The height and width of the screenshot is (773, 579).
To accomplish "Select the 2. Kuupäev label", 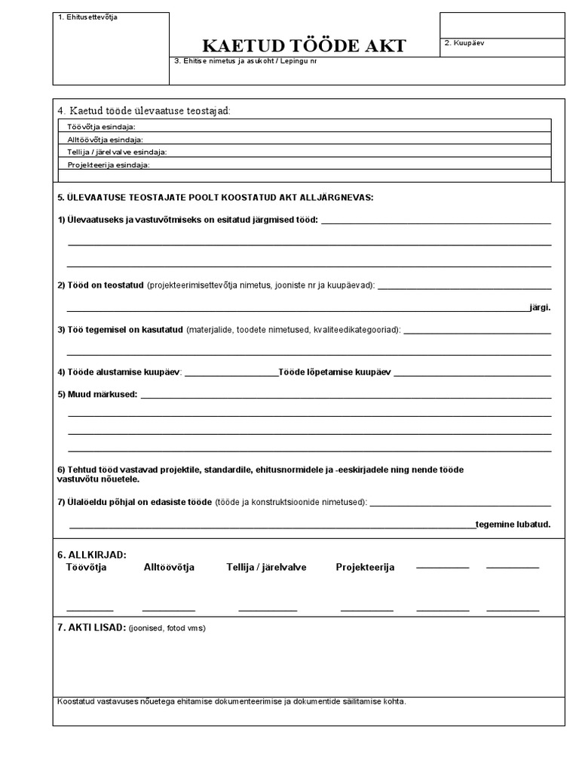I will (464, 43).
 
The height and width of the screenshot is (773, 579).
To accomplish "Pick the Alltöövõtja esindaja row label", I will (105, 140).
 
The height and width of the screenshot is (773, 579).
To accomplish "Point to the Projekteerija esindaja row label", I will (109, 165).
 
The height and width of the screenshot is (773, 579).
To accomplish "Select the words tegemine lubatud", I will (513, 524).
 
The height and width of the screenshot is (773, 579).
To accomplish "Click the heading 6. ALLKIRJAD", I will (92, 555).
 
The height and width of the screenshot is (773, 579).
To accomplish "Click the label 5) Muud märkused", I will (97, 394).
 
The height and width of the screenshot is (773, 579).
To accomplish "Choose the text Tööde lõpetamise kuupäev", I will (335, 372).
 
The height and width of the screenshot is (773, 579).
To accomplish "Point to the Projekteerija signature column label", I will (365, 567).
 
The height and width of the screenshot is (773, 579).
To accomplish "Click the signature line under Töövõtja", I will (90, 609).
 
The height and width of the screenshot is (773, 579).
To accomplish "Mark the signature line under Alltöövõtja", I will (168, 609).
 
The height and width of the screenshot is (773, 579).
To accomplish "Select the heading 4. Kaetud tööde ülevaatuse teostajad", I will (144, 111).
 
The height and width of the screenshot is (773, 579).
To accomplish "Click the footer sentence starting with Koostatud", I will (231, 701).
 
